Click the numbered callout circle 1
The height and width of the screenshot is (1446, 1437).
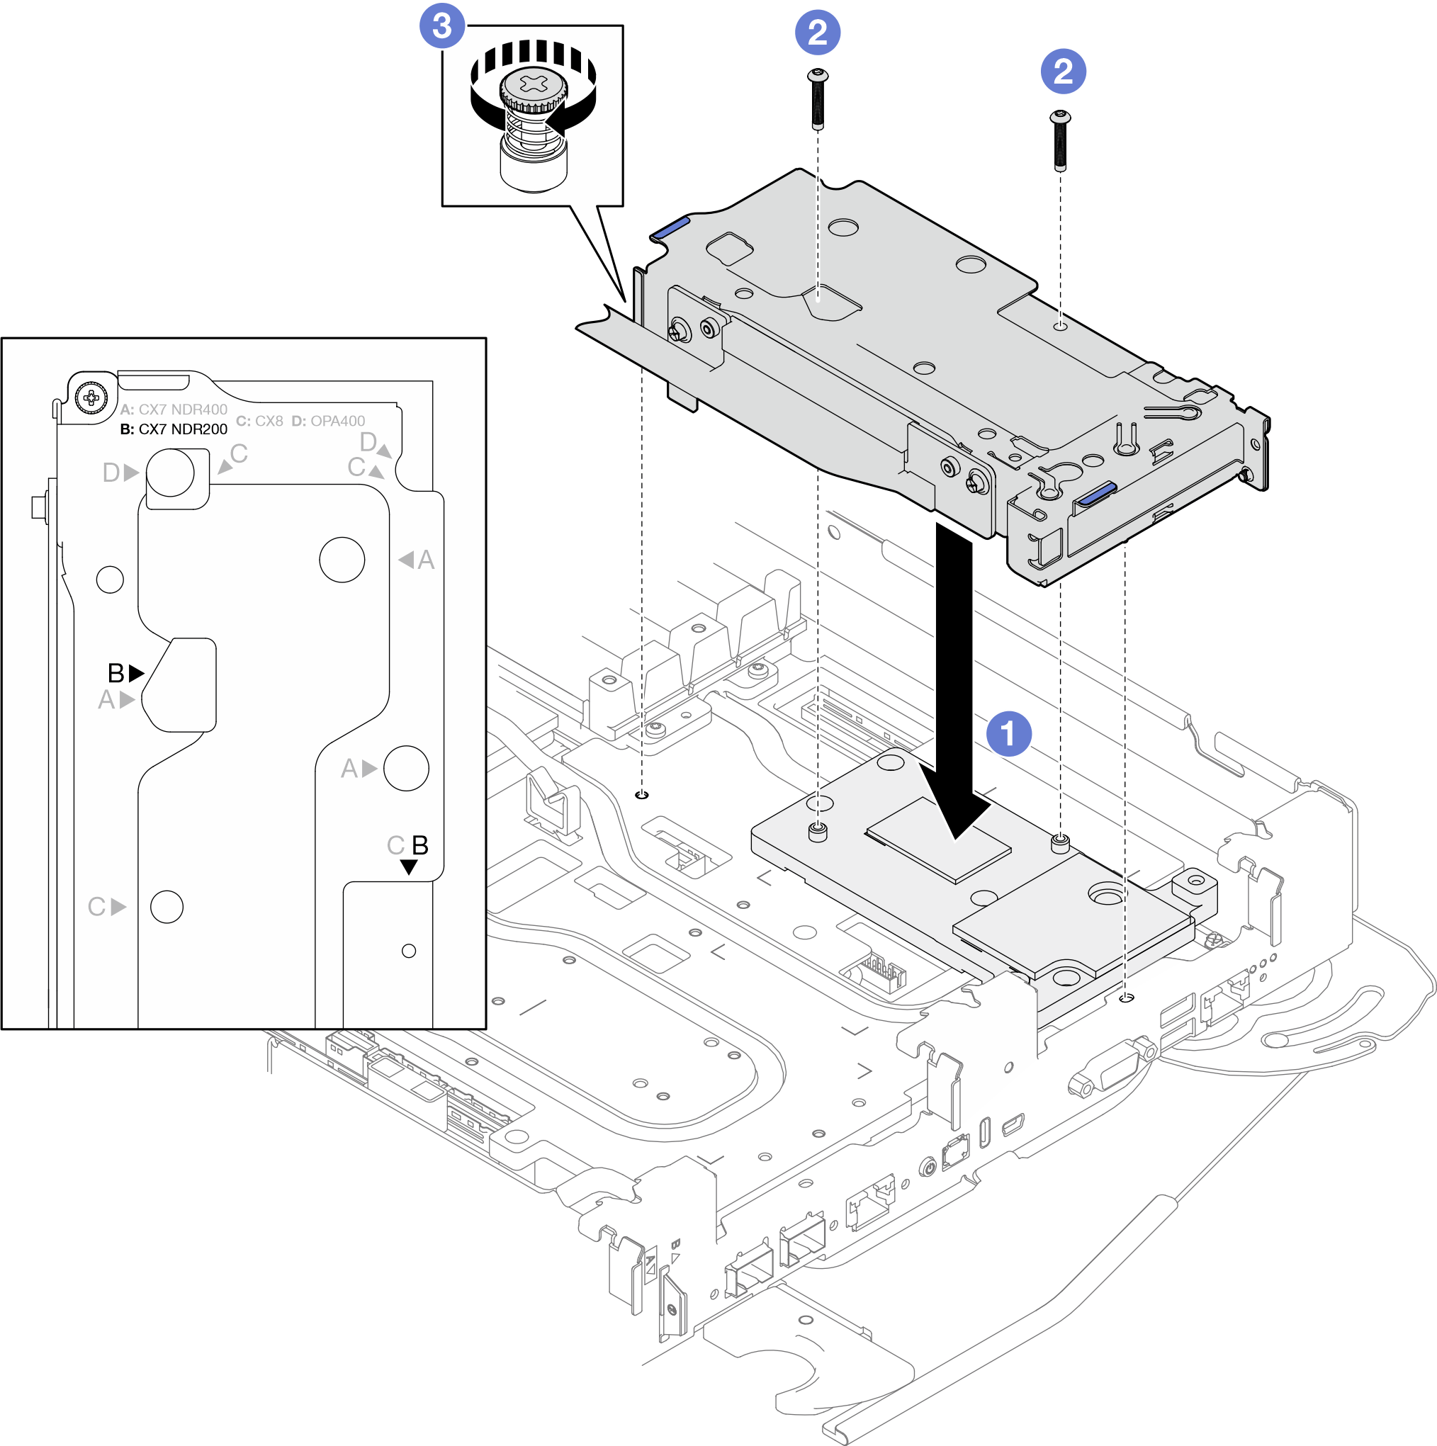pyautogui.click(x=1008, y=733)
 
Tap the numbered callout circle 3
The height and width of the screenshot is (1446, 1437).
pyautogui.click(x=441, y=26)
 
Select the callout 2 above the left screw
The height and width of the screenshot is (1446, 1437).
pyautogui.click(x=817, y=32)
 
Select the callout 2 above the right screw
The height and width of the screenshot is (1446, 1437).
pyautogui.click(x=1063, y=71)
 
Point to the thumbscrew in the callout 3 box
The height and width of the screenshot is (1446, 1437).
pyautogui.click(x=533, y=128)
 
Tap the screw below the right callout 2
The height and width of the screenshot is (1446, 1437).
pyautogui.click(x=1061, y=140)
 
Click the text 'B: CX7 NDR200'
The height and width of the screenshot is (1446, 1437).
pyautogui.click(x=174, y=429)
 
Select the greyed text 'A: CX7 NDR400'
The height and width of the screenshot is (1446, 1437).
pyautogui.click(x=174, y=409)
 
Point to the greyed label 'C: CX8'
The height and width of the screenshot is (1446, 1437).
pyautogui.click(x=260, y=421)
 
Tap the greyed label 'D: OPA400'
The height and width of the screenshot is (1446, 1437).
pyautogui.click(x=329, y=421)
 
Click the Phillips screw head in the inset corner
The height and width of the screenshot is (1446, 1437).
pyautogui.click(x=91, y=397)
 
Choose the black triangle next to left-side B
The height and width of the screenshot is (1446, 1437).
pyautogui.click(x=136, y=673)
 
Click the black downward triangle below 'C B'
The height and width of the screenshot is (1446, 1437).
pyautogui.click(x=409, y=866)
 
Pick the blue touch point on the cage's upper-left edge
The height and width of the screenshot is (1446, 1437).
pyautogui.click(x=670, y=226)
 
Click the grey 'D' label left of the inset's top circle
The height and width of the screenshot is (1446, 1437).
pyautogui.click(x=111, y=473)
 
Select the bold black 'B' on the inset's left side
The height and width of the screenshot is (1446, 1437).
pyautogui.click(x=116, y=673)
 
